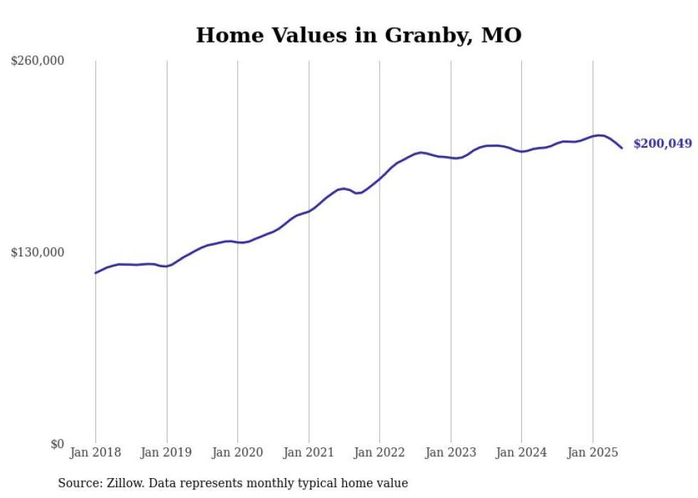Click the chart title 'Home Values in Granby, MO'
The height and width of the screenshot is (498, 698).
click(x=358, y=35)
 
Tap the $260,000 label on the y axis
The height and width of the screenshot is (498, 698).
click(x=38, y=61)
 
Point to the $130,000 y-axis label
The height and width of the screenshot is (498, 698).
click(x=38, y=253)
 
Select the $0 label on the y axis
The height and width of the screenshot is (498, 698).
click(x=58, y=445)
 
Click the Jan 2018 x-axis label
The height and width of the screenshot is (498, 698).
click(x=95, y=452)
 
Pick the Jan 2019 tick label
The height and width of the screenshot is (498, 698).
click(x=167, y=452)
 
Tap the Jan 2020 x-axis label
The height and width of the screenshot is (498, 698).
click(x=238, y=452)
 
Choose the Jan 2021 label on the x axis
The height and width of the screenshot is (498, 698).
click(x=308, y=452)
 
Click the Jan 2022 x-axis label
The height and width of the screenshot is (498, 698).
click(x=380, y=452)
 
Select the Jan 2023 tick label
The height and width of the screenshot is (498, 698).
click(x=451, y=452)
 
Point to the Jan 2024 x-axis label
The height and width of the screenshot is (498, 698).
click(x=521, y=452)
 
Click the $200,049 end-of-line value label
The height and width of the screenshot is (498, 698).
click(x=662, y=144)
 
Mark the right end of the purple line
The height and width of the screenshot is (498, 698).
click(x=622, y=148)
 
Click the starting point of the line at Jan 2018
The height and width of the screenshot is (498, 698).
click(x=95, y=273)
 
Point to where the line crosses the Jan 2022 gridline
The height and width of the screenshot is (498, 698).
click(x=380, y=177)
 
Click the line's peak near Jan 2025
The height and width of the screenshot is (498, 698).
click(x=600, y=135)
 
